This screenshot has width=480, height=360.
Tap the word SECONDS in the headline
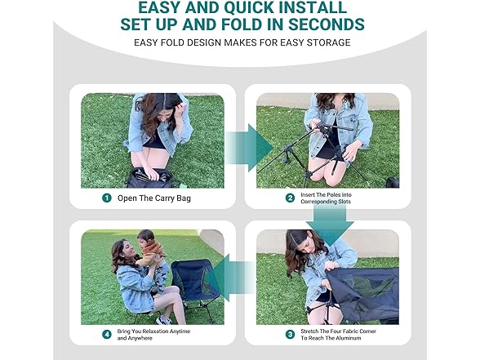click(x=327, y=24)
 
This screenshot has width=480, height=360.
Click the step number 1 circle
click(x=106, y=198)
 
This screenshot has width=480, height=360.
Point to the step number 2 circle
click(x=290, y=198)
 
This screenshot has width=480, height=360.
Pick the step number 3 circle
click(x=290, y=335)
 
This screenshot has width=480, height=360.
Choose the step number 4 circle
click(x=106, y=335)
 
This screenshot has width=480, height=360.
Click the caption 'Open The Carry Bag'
click(x=154, y=198)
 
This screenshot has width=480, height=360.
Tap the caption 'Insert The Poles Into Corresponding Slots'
click(x=326, y=198)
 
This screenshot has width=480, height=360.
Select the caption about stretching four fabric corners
click(x=338, y=335)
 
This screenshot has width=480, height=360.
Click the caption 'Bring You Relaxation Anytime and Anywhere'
click(x=153, y=335)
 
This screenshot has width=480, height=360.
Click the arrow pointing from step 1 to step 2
click(x=249, y=148)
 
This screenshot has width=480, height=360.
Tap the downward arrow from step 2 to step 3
click(x=330, y=224)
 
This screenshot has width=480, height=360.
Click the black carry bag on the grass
click(x=150, y=179)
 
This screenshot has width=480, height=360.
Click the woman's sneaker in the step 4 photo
click(x=164, y=321)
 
